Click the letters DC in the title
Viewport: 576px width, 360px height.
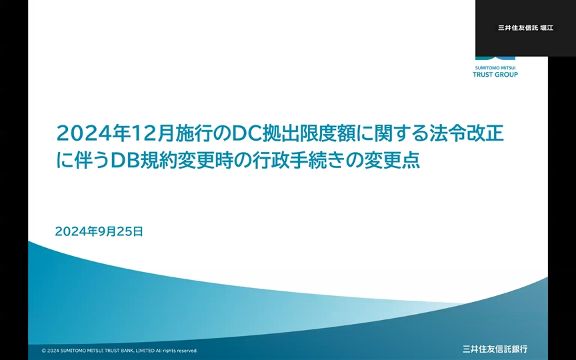tap(247, 133)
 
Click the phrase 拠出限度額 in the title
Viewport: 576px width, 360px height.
tap(309, 133)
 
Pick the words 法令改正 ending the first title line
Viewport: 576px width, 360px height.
tap(467, 133)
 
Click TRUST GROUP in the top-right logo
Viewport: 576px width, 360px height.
tap(495, 75)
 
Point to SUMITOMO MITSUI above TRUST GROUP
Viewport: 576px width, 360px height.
tap(495, 68)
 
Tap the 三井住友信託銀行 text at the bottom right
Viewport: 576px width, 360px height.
tap(495, 349)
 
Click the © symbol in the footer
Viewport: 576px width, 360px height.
tap(44, 351)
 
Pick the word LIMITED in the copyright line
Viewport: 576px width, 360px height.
tap(145, 351)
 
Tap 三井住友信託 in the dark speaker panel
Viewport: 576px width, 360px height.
tap(518, 28)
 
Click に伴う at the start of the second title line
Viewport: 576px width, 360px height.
tap(83, 161)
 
